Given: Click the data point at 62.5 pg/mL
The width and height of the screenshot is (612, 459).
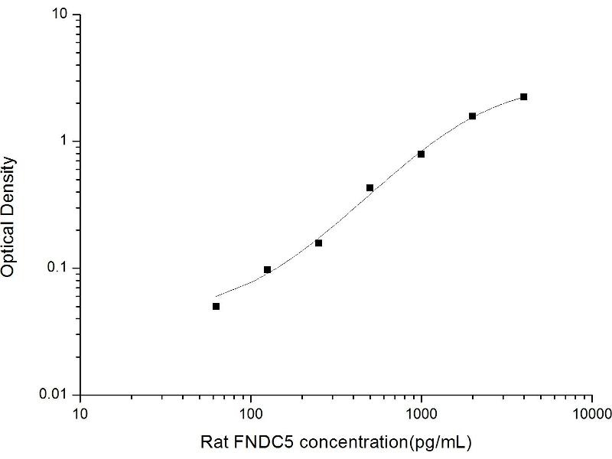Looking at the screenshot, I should point(216,306).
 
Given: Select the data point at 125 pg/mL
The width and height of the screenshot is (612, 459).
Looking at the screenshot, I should point(268,269).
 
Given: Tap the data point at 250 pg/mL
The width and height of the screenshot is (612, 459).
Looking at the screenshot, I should point(318,243).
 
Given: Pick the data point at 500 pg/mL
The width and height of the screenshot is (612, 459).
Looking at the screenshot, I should point(369,187).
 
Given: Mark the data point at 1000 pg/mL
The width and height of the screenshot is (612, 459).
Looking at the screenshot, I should point(421,154).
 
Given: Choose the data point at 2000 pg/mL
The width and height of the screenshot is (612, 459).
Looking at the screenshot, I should point(472,116).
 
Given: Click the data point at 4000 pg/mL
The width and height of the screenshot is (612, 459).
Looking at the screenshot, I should point(523,97).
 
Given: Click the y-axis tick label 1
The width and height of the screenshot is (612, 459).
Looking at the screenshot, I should point(67,142).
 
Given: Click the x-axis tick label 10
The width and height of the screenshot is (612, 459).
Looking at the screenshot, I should point(80,414).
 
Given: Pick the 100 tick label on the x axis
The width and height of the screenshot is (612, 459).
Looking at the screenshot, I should point(251,414).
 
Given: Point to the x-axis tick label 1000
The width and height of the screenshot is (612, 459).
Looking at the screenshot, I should point(421,414).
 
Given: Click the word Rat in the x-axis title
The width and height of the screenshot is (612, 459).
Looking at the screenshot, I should point(213,441).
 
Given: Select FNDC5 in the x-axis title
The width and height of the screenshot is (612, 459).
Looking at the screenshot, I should point(253,441).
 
